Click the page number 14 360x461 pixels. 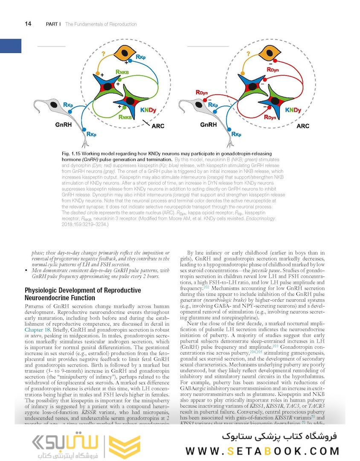pyautogui.click(x=28, y=24)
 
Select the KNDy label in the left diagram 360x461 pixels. pyautogui.click(x=148, y=110)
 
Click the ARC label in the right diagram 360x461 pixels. pyautogui.click(x=303, y=126)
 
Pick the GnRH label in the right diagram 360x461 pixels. pyautogui.click(x=209, y=125)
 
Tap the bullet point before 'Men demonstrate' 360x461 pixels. pyautogui.click(x=27, y=271)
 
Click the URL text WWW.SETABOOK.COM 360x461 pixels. pyautogui.click(x=263, y=451)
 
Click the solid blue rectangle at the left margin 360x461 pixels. pyautogui.click(x=11, y=46)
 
